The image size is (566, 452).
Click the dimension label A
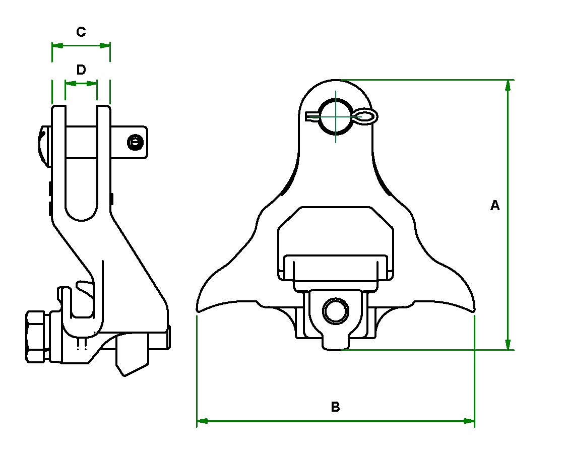(x=495, y=206)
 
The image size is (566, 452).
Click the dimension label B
(x=335, y=407)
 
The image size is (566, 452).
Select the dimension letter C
(x=81, y=32)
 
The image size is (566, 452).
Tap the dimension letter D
(x=81, y=70)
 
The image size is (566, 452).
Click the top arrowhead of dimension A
(x=508, y=85)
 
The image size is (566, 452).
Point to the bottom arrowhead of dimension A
(x=508, y=344)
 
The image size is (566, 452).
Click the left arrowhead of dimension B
(x=202, y=420)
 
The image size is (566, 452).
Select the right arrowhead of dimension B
(x=469, y=420)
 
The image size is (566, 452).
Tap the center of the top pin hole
(x=336, y=117)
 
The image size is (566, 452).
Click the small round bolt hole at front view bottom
(x=335, y=311)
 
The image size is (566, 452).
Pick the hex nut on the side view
(x=36, y=336)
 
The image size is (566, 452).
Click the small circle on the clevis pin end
(x=135, y=143)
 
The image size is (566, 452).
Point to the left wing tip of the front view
(x=197, y=307)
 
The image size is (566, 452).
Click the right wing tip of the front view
(x=474, y=307)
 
